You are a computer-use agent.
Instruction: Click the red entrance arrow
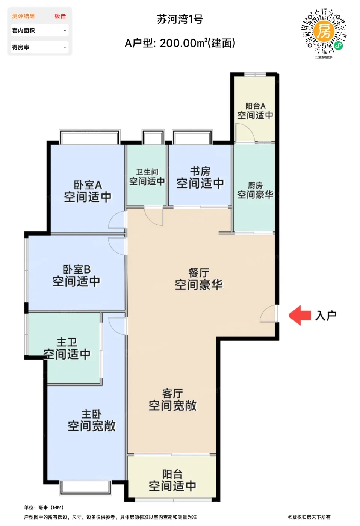pyautogui.click(x=299, y=315)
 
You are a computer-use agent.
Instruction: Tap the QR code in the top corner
pyautogui.click(x=324, y=31)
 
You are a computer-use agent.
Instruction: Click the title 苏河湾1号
pyautogui.click(x=180, y=19)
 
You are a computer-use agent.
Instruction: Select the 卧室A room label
pyautogui.click(x=88, y=185)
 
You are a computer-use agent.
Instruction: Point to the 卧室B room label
pyautogui.click(x=77, y=270)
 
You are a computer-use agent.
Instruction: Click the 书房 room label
pyautogui.click(x=200, y=171)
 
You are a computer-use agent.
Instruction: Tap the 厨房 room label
pyautogui.click(x=255, y=186)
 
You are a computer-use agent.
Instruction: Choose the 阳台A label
pyautogui.click(x=256, y=106)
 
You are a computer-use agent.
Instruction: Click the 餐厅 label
pyautogui.click(x=199, y=273)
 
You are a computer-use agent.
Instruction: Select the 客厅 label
pyautogui.click(x=172, y=394)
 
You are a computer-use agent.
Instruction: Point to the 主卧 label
pyautogui.click(x=92, y=414)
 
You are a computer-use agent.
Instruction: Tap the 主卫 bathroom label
pyautogui.click(x=67, y=342)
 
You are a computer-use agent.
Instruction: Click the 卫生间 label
pyautogui.click(x=147, y=172)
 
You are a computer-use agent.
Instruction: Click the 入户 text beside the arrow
pyautogui.click(x=326, y=316)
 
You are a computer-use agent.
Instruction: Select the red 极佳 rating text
pyautogui.click(x=60, y=16)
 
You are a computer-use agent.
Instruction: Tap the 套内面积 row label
pyautogui.click(x=23, y=30)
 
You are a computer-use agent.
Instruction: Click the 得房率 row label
pyautogui.click(x=21, y=47)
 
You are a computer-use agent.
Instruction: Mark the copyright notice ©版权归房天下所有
pyautogui.click(x=309, y=517)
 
